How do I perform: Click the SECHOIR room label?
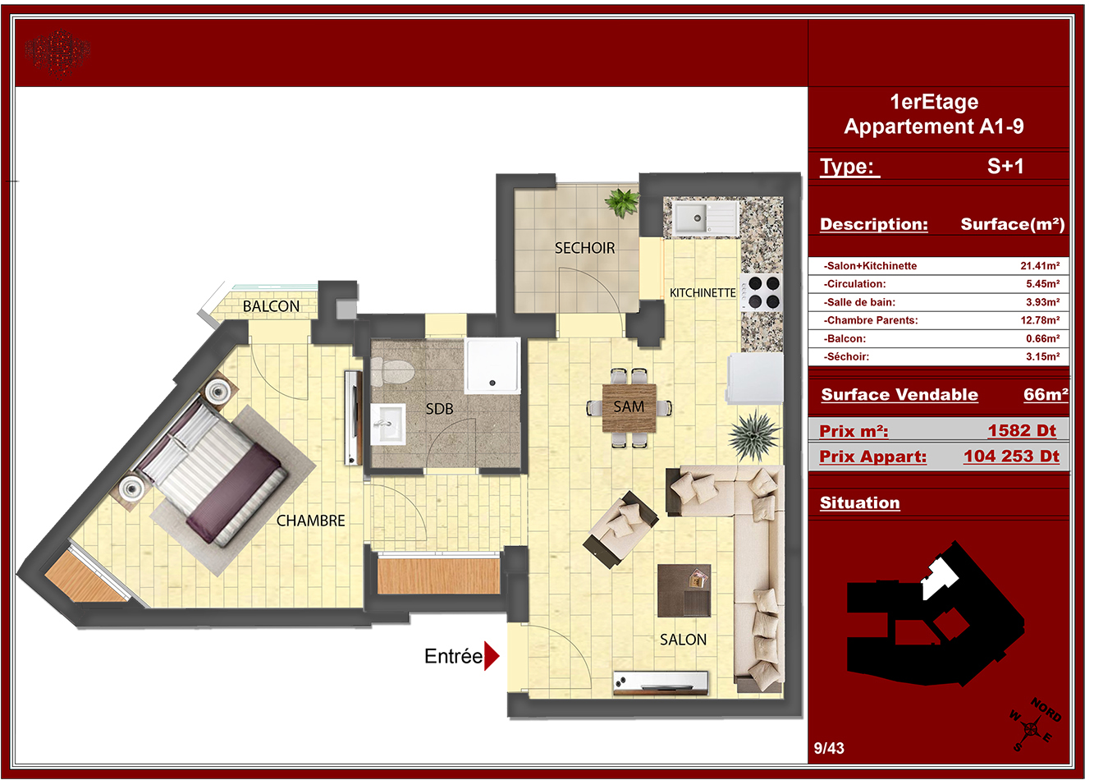584,248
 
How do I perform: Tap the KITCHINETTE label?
703,293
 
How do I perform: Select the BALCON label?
271,306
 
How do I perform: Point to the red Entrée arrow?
492,656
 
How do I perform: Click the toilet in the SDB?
391,370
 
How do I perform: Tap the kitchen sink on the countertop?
705,218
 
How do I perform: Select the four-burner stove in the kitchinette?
762,291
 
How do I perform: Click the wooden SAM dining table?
629,407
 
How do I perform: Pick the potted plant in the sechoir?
622,201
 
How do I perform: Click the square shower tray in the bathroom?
492,365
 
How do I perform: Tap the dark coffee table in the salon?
684,590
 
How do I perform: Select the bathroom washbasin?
388,424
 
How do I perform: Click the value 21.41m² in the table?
1040,266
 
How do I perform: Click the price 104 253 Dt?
1011,456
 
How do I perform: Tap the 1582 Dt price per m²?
1022,430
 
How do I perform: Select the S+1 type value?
1005,166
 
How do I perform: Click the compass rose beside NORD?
1031,729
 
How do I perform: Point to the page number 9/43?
829,748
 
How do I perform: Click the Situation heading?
859,502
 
